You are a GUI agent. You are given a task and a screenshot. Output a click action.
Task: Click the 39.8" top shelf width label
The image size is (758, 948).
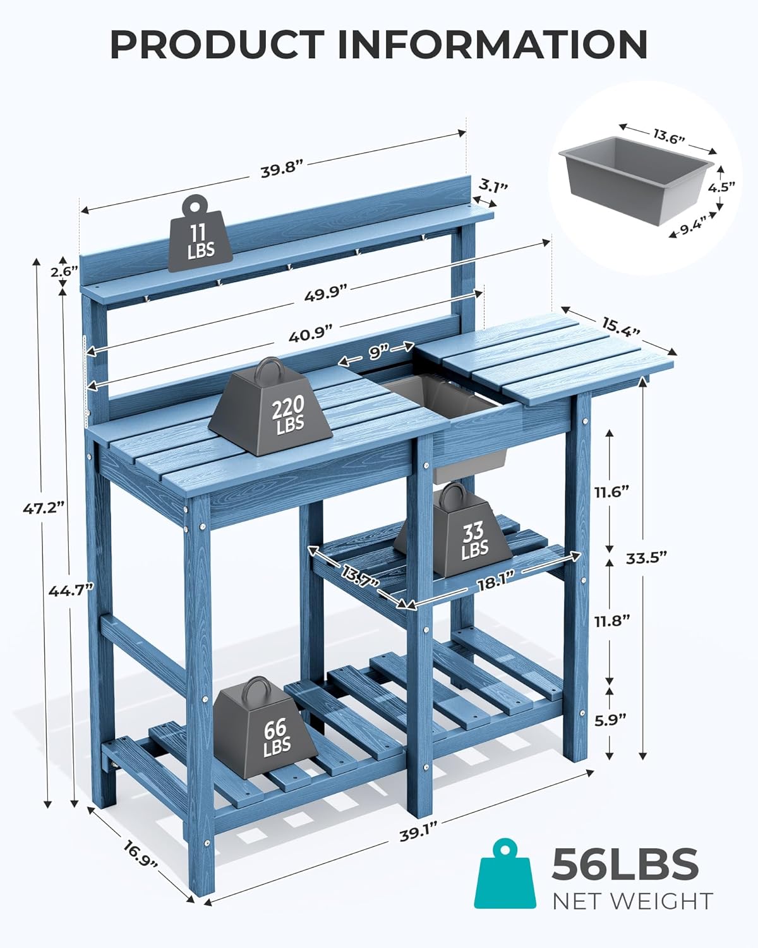click(282, 171)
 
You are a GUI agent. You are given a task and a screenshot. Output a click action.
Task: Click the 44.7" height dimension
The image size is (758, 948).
click(71, 590)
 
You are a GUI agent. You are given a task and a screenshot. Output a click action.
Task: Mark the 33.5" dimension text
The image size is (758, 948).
click(646, 557)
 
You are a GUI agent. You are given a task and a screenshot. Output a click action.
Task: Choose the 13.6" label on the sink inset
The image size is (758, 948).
click(669, 137)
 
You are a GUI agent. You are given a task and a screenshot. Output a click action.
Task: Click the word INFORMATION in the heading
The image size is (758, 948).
click(493, 44)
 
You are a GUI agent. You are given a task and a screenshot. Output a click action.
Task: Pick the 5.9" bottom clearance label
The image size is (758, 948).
click(610, 719)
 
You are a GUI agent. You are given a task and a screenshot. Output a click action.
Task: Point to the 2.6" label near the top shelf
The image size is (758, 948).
click(64, 272)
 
